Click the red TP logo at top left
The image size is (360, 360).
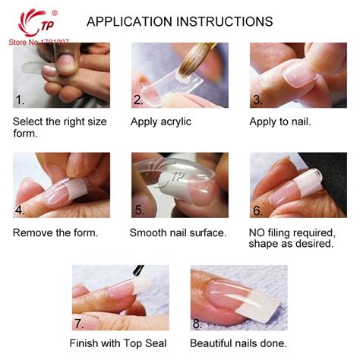pos(37,23)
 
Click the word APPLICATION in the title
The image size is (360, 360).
pos(129,21)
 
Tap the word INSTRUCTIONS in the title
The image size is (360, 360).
pos(225,21)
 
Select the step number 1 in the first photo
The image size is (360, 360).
pos(20,99)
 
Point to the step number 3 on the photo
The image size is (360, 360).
pos(257,99)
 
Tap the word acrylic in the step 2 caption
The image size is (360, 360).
pos(176,122)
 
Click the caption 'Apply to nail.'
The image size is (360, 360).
pos(279,122)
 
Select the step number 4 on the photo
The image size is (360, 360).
pos(20,210)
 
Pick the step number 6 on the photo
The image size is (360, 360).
pos(257,210)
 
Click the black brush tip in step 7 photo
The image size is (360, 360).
pos(138,271)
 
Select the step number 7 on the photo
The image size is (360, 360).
pos(79,324)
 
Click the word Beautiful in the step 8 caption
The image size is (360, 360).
pos(211,343)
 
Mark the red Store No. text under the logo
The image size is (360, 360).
pos(39,42)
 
